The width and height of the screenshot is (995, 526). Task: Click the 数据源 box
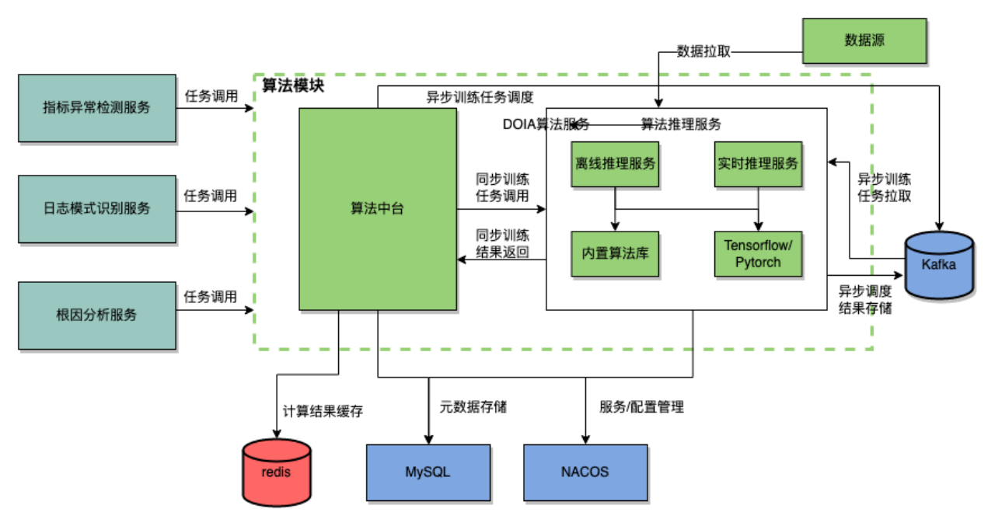(x=864, y=40)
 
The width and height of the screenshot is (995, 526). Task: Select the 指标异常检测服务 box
(x=96, y=108)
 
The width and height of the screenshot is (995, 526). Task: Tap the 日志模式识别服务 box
(x=96, y=208)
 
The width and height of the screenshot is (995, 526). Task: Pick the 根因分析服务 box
(x=96, y=315)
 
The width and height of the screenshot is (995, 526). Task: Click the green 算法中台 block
(x=378, y=208)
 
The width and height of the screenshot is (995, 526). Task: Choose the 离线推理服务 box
(x=615, y=164)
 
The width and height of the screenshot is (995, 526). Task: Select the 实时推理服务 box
(x=758, y=164)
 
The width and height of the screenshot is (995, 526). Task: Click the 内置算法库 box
(x=615, y=254)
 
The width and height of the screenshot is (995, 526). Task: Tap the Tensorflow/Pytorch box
(x=758, y=254)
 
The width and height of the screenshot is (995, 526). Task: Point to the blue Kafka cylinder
(x=939, y=265)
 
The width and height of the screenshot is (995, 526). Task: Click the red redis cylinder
(x=276, y=472)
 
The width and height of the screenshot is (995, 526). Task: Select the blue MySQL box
(x=428, y=472)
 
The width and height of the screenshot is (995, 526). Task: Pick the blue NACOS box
(x=585, y=472)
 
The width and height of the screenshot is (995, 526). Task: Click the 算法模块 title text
(x=293, y=85)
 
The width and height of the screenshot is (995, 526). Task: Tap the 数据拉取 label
(x=703, y=52)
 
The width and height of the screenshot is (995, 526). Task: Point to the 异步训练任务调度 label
(x=480, y=97)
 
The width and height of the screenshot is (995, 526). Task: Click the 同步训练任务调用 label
(x=502, y=187)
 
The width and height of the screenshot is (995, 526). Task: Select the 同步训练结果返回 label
(x=502, y=243)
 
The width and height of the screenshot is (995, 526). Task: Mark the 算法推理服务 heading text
(x=681, y=124)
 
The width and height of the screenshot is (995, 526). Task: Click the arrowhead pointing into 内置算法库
(x=615, y=227)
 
